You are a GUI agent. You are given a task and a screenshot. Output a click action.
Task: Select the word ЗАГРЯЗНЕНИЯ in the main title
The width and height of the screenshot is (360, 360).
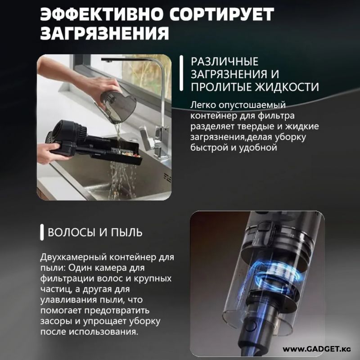click(105, 33)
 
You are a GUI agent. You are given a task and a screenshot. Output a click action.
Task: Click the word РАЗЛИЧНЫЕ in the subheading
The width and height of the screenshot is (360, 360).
click(225, 62)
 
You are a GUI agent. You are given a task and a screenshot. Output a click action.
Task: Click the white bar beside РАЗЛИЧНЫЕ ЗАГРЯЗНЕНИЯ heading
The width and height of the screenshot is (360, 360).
click(181, 73)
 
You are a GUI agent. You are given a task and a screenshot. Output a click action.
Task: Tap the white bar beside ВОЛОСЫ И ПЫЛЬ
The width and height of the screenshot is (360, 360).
click(42, 232)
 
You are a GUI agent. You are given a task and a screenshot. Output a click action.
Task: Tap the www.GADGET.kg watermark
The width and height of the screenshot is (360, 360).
click(317, 349)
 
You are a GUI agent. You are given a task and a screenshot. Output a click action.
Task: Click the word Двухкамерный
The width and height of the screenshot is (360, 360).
click(73, 257)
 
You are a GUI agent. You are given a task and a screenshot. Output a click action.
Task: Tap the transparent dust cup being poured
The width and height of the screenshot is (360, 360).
click(118, 104)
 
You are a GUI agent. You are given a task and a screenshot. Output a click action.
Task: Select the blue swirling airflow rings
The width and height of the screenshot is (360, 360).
click(277, 273)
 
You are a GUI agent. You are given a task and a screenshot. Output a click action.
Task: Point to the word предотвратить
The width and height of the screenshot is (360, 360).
click(117, 310)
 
